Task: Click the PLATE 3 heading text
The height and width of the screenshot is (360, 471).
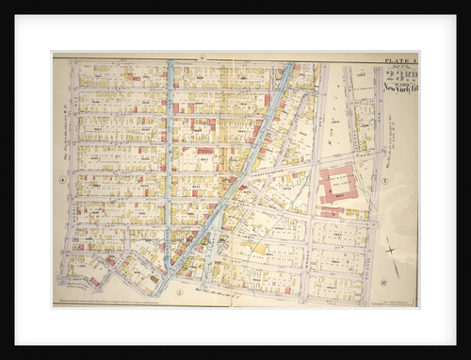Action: (399, 59)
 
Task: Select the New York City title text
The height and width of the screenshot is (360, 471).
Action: (399, 88)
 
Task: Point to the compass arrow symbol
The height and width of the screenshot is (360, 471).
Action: (389, 250)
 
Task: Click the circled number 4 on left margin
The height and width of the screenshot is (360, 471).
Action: (62, 178)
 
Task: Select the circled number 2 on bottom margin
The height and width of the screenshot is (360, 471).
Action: (178, 292)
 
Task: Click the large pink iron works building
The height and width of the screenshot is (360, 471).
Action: (336, 184)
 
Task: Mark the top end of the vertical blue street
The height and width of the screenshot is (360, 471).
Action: (170, 64)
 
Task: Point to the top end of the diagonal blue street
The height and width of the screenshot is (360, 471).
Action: (288, 66)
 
